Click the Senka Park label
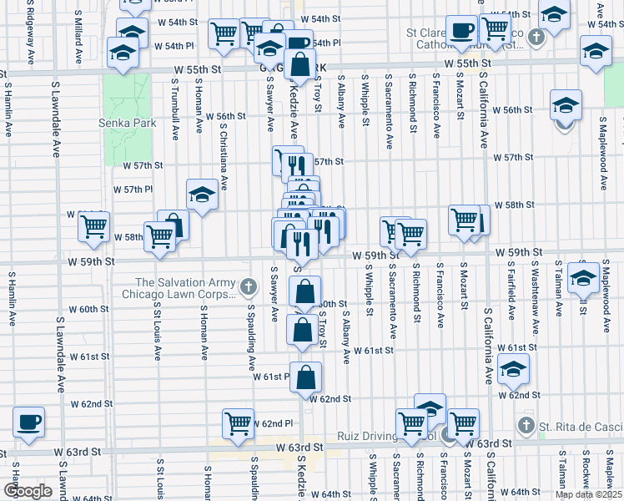[x=133, y=124]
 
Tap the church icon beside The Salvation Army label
[x=248, y=288]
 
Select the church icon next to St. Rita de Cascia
[x=526, y=426]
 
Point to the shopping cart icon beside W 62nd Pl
[x=239, y=423]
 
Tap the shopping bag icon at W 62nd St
[x=307, y=377]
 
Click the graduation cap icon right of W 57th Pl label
[x=202, y=195]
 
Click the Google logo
[x=28, y=490]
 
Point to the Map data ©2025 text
[x=587, y=494]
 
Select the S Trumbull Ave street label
[x=175, y=109]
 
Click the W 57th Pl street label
[x=133, y=190]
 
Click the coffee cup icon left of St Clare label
[x=460, y=31]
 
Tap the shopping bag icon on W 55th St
[x=303, y=63]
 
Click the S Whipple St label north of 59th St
[x=366, y=102]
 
